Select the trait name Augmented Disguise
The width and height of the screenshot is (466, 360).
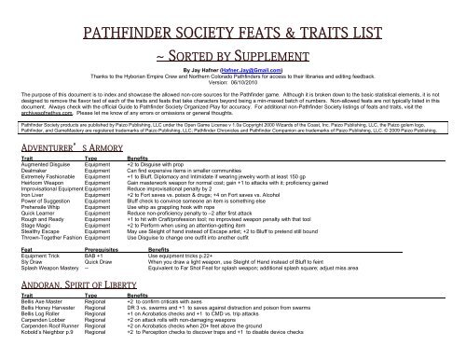(x=45, y=165)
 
